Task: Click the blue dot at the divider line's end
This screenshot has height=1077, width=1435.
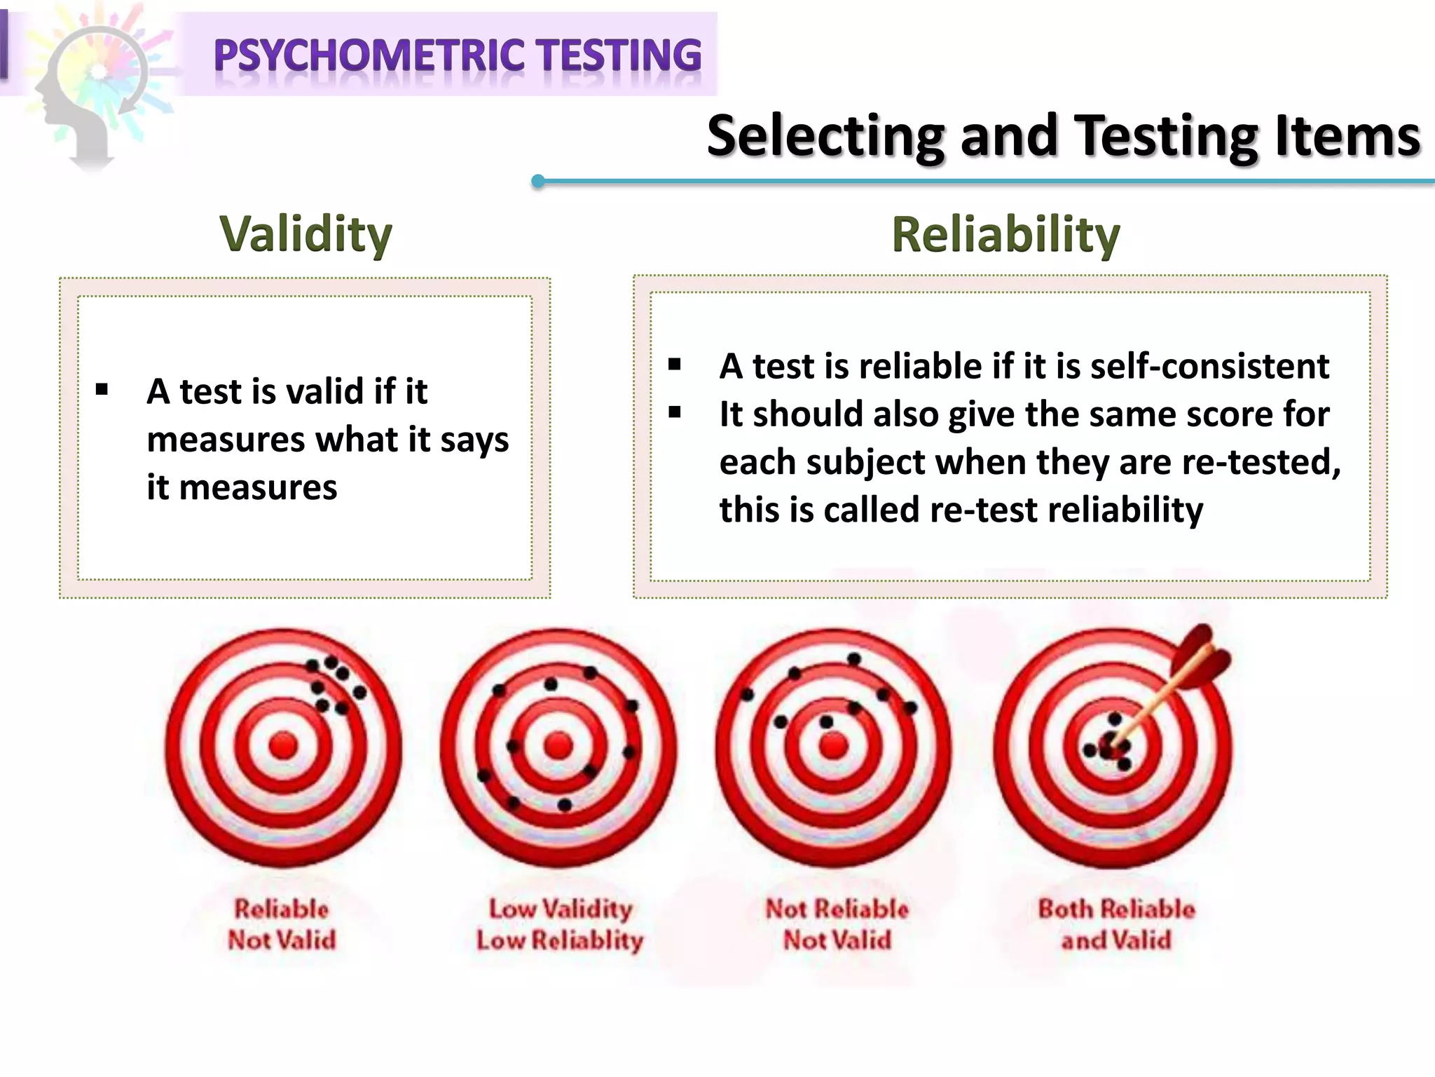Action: click(538, 182)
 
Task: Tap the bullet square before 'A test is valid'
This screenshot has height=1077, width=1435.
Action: click(102, 390)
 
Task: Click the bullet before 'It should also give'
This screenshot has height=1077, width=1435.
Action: click(675, 412)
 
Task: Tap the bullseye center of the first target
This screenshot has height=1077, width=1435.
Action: click(284, 745)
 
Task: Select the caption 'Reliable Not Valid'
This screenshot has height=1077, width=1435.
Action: click(282, 924)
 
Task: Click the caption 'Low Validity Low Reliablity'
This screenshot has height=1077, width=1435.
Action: click(560, 924)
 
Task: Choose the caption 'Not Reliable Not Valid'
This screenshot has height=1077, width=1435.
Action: click(837, 924)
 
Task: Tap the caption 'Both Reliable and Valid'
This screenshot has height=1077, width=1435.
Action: click(1116, 924)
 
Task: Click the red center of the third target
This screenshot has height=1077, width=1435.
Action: click(833, 745)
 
